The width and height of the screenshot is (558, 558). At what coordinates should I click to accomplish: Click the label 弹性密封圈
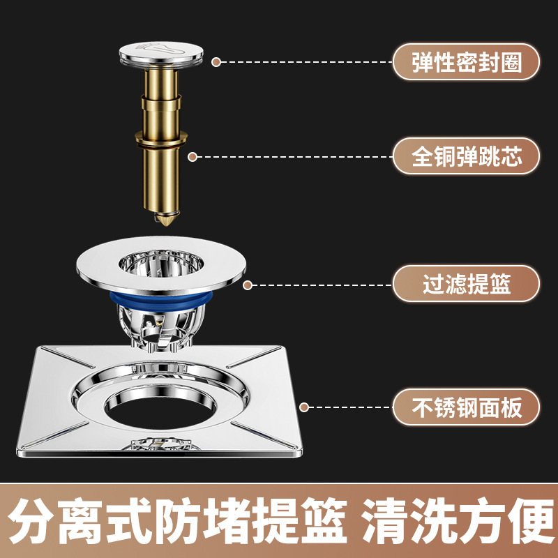(466, 62)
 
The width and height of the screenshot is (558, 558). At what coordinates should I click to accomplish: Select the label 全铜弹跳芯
(466, 156)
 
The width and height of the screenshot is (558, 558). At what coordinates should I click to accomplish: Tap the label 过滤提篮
(466, 284)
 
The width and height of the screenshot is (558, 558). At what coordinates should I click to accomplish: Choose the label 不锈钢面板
(466, 407)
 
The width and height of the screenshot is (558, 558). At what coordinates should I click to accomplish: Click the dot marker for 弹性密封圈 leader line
(216, 62)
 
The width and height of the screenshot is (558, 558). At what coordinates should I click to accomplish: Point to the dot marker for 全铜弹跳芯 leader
(193, 156)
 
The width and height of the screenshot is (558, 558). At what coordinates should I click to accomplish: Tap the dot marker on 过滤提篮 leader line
(248, 285)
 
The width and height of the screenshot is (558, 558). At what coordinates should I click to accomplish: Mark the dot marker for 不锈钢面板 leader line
(304, 407)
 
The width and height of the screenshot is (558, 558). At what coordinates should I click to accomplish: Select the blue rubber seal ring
(161, 299)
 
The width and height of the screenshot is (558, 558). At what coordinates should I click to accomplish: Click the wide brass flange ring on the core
(161, 138)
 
